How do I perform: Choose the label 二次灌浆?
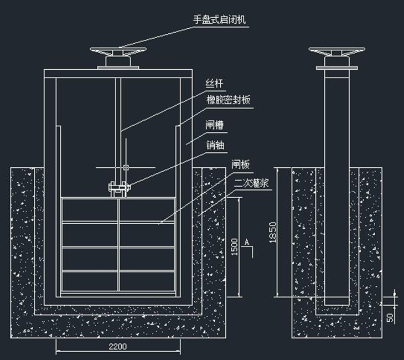252,183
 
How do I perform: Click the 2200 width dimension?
118,347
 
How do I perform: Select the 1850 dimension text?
271,230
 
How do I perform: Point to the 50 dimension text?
391,318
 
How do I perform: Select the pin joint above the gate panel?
118,189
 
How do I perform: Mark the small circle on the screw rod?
127,167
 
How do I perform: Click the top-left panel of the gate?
89,210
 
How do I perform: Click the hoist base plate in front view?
118,68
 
